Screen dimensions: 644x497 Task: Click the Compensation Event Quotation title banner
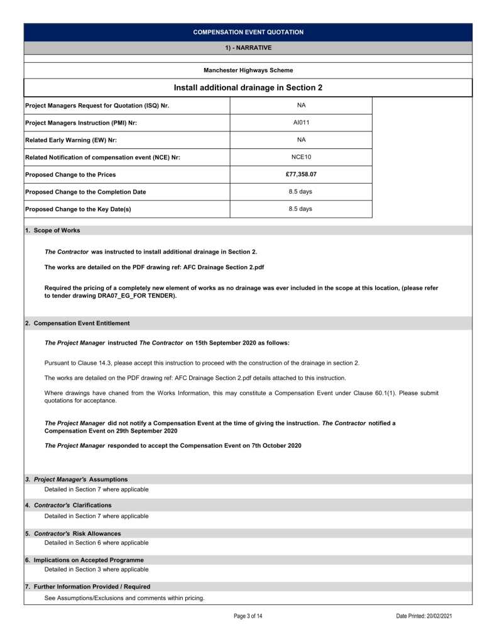(x=248, y=32)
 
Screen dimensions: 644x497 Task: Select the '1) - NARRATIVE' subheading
(x=248, y=47)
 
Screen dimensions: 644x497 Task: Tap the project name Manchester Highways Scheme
(x=248, y=70)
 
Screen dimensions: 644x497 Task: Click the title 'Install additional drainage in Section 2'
(x=248, y=88)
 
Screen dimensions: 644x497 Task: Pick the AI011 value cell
(x=301, y=123)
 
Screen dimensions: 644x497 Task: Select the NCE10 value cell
(x=301, y=157)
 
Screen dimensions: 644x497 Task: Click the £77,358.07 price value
(x=301, y=174)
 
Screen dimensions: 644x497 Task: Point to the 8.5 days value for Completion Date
(x=301, y=192)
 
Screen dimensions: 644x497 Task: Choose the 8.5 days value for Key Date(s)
(x=301, y=209)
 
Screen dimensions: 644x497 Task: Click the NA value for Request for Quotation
(x=301, y=105)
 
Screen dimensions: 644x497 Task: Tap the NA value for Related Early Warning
(x=301, y=140)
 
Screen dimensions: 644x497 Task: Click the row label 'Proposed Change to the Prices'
(x=70, y=174)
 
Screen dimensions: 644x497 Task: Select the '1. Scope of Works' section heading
(x=53, y=231)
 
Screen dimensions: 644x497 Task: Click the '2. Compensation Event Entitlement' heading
(x=77, y=323)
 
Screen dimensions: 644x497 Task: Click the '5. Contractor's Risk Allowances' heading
(x=73, y=534)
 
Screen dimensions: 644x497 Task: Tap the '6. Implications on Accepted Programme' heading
(x=84, y=560)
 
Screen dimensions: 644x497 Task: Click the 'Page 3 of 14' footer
(x=248, y=616)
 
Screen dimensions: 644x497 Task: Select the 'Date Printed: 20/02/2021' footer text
(x=424, y=616)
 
